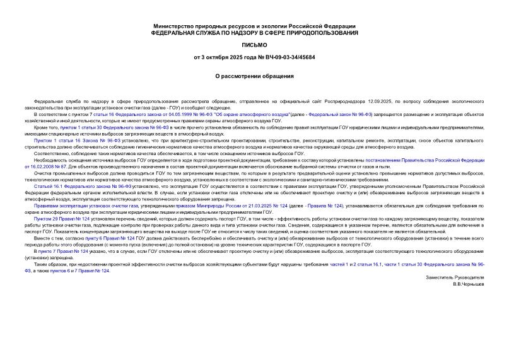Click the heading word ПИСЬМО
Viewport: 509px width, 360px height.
[x=254, y=45]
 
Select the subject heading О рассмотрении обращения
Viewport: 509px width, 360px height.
[x=254, y=76]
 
